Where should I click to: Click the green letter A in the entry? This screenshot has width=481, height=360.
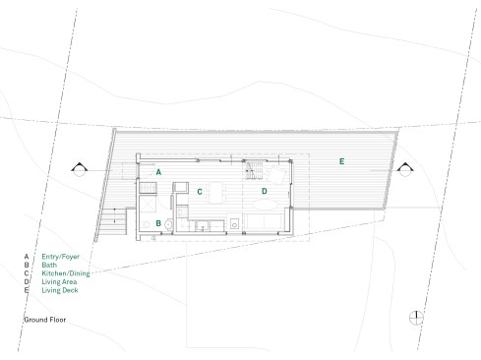[x=158, y=172]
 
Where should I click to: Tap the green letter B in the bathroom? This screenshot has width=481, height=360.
[x=158, y=223]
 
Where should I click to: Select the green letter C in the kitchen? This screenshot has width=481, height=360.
[x=200, y=192]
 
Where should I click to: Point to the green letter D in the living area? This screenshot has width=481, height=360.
[x=265, y=191]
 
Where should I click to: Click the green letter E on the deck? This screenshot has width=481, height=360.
[x=341, y=161]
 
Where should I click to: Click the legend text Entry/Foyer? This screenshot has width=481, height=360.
[x=61, y=257]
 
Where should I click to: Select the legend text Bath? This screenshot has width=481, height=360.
[x=49, y=265]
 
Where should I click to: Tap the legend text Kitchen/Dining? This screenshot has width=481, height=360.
[x=66, y=273]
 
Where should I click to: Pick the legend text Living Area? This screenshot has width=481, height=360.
[x=59, y=281]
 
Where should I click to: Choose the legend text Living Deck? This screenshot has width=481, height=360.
[x=60, y=290]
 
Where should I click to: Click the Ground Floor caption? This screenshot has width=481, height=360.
[x=45, y=320]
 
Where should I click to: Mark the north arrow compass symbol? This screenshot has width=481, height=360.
[x=416, y=318]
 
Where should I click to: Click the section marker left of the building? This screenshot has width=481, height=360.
[x=80, y=169]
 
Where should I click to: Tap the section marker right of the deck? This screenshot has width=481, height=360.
[x=405, y=169]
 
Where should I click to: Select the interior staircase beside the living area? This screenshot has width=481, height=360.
[x=254, y=170]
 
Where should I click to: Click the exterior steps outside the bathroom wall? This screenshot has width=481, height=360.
[x=114, y=221]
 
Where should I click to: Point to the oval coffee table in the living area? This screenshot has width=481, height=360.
[x=266, y=205]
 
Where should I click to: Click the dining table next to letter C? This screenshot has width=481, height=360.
[x=216, y=193]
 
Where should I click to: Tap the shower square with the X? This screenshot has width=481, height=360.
[x=148, y=205]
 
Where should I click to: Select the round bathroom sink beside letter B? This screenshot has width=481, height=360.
[x=168, y=224]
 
